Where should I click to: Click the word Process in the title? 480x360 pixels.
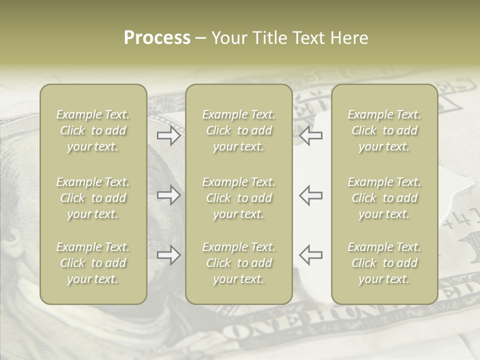157,38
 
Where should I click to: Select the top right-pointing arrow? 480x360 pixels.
169,135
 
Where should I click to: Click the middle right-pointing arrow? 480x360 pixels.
169,195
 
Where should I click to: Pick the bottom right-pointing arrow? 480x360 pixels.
169,255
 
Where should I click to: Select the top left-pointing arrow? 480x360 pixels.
311,135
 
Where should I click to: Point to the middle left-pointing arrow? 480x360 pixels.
311,195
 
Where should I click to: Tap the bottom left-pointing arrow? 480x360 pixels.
311,255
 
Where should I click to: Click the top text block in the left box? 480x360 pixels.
93,130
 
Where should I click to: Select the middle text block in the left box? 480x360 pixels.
93,198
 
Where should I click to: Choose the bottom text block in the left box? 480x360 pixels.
93,263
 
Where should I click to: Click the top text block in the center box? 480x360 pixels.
239,130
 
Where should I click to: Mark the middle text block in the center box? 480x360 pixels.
239,198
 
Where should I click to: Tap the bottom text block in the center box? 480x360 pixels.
239,263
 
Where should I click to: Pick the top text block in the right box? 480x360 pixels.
384,130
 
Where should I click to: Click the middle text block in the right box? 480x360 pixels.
384,198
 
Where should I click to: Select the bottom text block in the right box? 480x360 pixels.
384,263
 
